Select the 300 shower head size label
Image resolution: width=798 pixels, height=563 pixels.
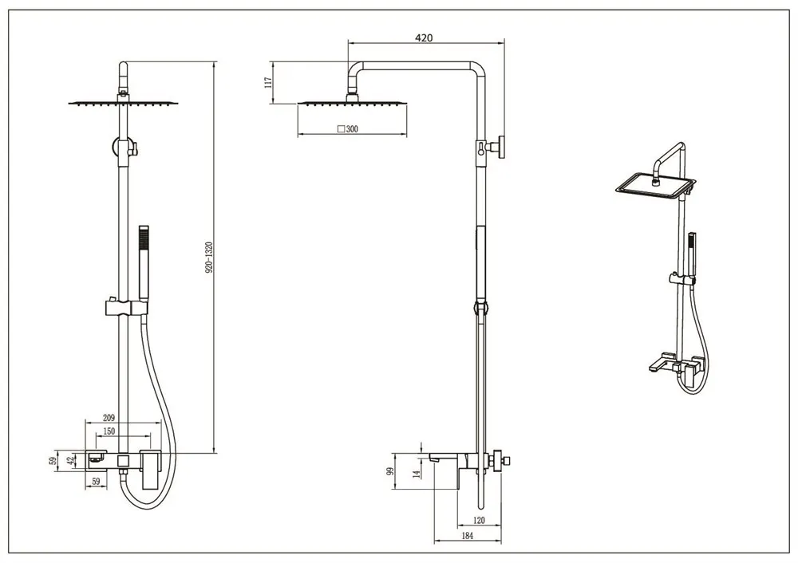(352, 128)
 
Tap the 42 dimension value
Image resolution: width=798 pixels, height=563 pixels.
(70, 460)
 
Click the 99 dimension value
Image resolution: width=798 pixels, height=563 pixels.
(391, 471)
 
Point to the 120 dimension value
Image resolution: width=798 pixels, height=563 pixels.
(479, 519)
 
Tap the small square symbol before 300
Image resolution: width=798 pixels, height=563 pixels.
(341, 128)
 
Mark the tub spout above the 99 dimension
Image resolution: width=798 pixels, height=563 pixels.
(439, 458)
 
